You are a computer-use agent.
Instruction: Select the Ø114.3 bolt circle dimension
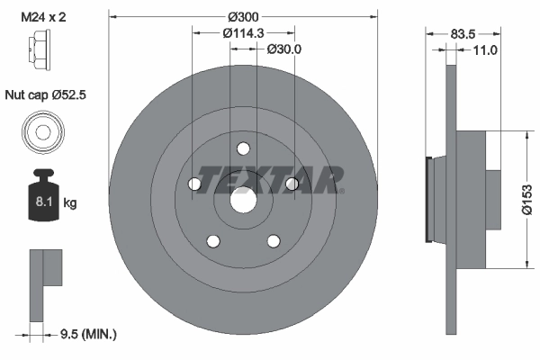[x=230, y=33]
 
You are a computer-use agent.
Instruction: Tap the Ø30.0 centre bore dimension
[x=284, y=50]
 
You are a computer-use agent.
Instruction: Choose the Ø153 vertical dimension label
[x=527, y=200]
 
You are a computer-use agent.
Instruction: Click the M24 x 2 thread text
[x=42, y=16]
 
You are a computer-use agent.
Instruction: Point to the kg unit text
[x=70, y=203]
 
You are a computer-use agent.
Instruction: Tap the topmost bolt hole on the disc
[x=242, y=149]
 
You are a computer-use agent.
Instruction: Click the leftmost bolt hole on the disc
[x=193, y=184]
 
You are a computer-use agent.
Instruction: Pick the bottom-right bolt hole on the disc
[x=273, y=241]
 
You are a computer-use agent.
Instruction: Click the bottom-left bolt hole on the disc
[x=212, y=241]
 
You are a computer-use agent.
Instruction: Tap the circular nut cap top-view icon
[x=42, y=132]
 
